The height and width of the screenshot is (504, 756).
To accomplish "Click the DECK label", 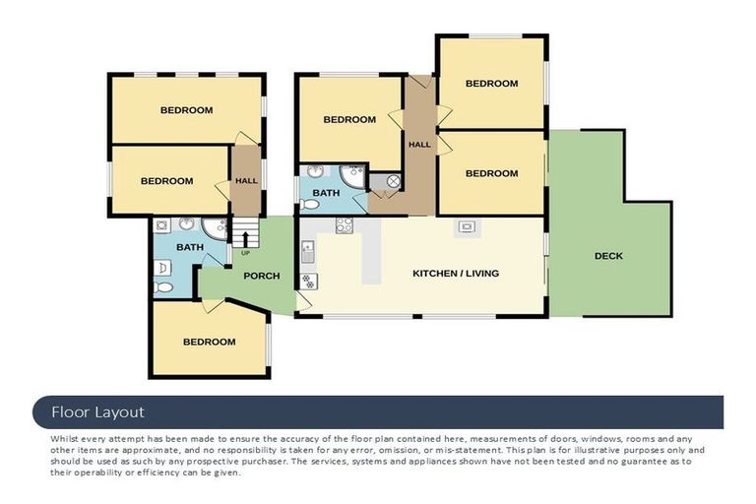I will click(x=608, y=256).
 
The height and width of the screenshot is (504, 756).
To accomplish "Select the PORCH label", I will click(x=261, y=276).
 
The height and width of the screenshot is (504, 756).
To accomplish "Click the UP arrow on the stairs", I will click(x=245, y=237).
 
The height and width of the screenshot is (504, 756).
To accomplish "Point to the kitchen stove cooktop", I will click(x=345, y=225).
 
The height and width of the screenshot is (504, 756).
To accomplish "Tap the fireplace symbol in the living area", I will click(x=466, y=226).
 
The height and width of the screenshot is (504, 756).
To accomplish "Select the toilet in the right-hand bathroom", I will click(x=310, y=205).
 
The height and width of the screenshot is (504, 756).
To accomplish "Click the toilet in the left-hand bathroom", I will click(x=163, y=287).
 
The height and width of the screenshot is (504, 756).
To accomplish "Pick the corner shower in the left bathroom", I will click(x=215, y=227).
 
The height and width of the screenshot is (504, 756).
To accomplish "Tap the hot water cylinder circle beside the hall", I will click(x=393, y=181).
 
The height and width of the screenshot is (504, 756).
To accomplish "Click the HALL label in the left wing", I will click(x=245, y=180).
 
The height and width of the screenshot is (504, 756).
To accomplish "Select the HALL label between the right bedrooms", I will click(x=419, y=145).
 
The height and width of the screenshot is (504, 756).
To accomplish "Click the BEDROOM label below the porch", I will click(x=210, y=342).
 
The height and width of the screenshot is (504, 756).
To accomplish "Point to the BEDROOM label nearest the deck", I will click(x=491, y=173).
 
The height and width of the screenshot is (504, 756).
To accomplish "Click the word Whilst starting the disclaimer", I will click(x=64, y=437).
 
